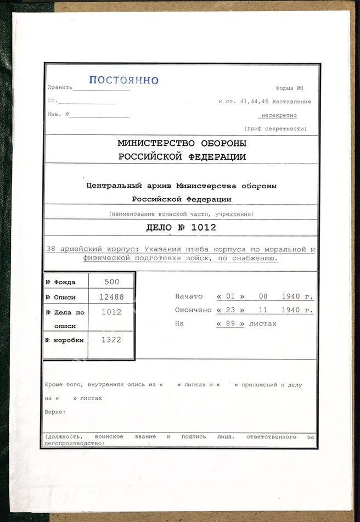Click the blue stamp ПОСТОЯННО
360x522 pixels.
point(123,80)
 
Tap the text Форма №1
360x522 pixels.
point(290,88)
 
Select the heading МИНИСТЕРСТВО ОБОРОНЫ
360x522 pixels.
point(182,143)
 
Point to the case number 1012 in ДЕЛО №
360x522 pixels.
point(204,228)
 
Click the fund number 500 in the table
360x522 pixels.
point(112,282)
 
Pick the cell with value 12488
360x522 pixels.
point(112,297)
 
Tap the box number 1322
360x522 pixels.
point(111,340)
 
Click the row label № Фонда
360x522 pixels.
point(60,282)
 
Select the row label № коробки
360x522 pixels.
point(65,340)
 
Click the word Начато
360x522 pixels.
point(189,296)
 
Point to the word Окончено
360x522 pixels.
point(193,310)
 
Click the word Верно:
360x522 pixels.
point(55,411)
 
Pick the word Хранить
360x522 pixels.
point(60,88)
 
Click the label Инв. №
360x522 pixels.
point(58,115)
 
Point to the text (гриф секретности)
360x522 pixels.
point(275,129)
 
